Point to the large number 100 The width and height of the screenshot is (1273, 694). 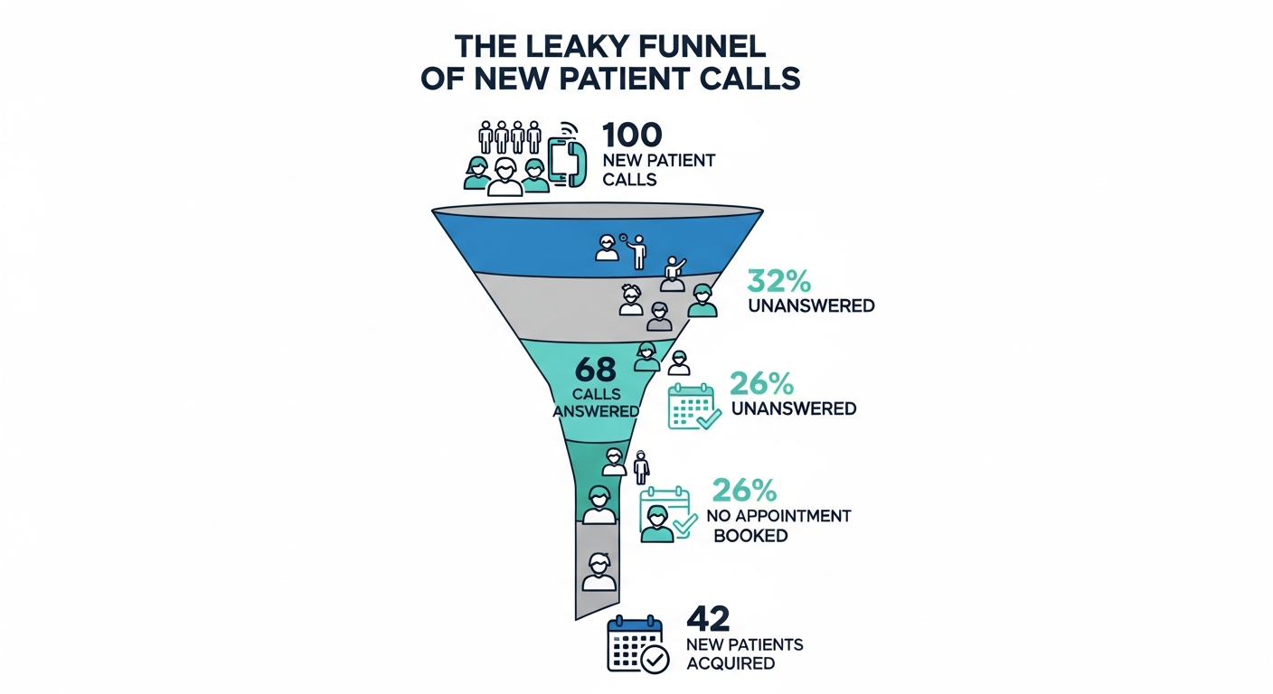coord(632,136)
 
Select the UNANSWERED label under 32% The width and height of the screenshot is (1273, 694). coord(811,305)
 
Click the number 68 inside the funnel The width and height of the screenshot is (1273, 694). coord(595,370)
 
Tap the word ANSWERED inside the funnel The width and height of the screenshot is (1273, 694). coord(596,410)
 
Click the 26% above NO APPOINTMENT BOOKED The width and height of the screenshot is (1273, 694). coord(744,490)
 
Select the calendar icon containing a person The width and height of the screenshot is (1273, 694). coord(665,516)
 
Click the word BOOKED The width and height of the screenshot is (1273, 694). coord(750,535)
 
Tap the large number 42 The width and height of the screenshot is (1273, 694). coord(708,618)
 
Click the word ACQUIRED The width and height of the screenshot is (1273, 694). coord(731,663)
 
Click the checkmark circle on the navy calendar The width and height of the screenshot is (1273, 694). coord(654,661)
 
